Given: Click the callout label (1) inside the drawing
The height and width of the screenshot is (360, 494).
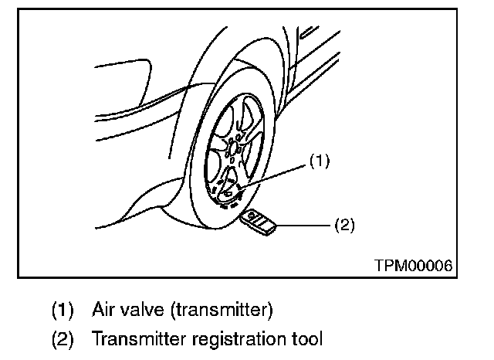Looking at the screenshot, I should coord(320,161).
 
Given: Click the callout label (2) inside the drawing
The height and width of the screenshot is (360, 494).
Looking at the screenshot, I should coord(343,226).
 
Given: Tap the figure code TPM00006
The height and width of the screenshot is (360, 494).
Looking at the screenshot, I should coord(414,264).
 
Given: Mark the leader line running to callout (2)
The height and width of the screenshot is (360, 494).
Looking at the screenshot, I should coord(305,226).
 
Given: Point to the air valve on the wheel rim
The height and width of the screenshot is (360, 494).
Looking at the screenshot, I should coord(240,186).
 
